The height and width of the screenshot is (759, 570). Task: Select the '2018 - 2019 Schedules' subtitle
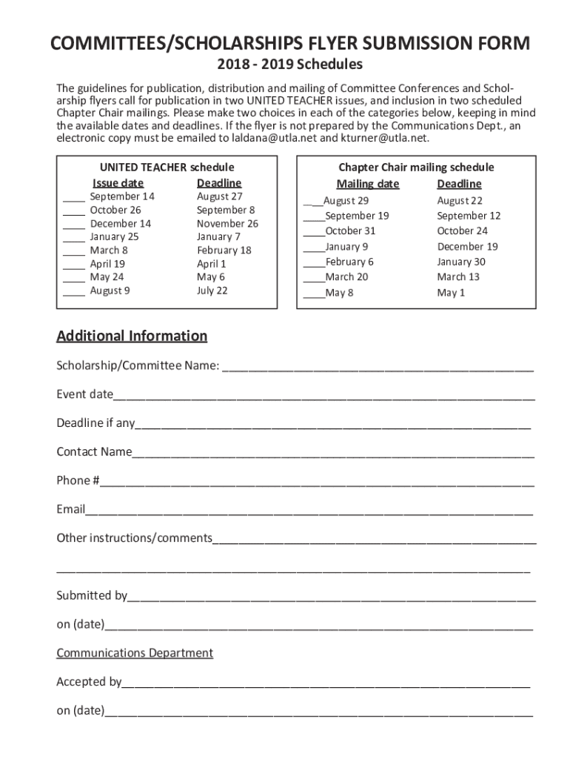click(284, 65)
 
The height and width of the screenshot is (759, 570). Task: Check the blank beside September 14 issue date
click(73, 197)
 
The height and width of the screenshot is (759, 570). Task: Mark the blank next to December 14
click(73, 224)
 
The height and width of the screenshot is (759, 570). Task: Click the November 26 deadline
click(227, 224)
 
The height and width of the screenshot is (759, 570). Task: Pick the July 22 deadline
click(212, 291)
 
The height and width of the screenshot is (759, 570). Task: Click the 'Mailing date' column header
click(367, 184)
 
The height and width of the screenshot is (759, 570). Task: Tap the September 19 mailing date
click(357, 216)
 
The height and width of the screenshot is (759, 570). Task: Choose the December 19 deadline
click(467, 247)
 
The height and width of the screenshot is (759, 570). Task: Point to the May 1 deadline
click(451, 293)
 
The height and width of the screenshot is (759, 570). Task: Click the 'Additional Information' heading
click(132, 337)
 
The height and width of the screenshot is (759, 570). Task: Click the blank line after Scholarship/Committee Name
click(378, 366)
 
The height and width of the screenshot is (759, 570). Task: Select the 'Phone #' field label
click(78, 480)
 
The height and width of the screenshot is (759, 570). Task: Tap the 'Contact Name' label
click(94, 452)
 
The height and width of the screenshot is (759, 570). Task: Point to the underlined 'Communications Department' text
click(135, 653)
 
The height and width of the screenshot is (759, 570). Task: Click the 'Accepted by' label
click(89, 682)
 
